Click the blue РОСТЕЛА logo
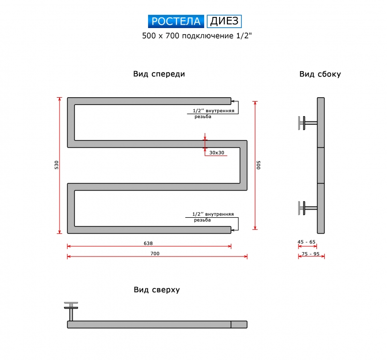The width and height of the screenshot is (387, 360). point(176,21)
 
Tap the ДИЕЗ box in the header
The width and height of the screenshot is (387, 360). point(224,21)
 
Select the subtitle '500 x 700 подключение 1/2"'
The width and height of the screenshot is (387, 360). point(197,36)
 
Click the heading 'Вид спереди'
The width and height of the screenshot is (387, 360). point(159,74)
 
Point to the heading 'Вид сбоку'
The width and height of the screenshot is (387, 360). point(320,74)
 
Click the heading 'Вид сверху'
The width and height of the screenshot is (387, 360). point(157,290)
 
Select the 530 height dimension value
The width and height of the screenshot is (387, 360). point(57,165)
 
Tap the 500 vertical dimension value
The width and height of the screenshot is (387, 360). point(258,165)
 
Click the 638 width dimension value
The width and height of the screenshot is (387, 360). point(148,243)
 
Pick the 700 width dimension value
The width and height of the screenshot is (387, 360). point(155,254)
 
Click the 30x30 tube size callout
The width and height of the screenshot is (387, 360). point(217,152)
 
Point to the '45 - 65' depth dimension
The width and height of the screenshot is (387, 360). point(307,242)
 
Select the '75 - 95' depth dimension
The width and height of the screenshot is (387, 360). point(311,254)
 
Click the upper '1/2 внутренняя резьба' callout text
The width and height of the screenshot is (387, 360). point(213,114)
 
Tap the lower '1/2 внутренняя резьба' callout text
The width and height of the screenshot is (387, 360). point(213,217)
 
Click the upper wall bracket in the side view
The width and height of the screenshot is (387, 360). point(308,123)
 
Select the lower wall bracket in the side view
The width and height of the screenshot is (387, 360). point(308,208)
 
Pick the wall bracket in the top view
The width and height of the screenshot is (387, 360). point(71,311)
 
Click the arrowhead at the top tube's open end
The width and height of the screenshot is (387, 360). point(233,101)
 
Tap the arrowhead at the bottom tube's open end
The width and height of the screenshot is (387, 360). point(233,230)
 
